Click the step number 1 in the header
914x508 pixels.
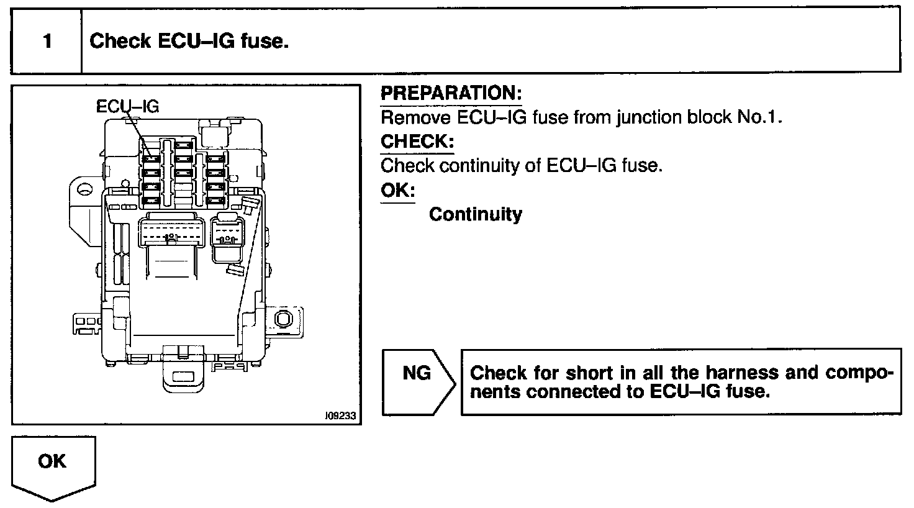[x=47, y=42]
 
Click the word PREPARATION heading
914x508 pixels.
[x=451, y=94]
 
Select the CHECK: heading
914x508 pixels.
[x=417, y=142]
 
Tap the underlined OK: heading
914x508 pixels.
[x=397, y=190]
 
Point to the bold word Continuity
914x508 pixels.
[x=476, y=214]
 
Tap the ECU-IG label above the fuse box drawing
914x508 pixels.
[x=127, y=107]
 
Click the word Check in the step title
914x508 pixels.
[x=120, y=42]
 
